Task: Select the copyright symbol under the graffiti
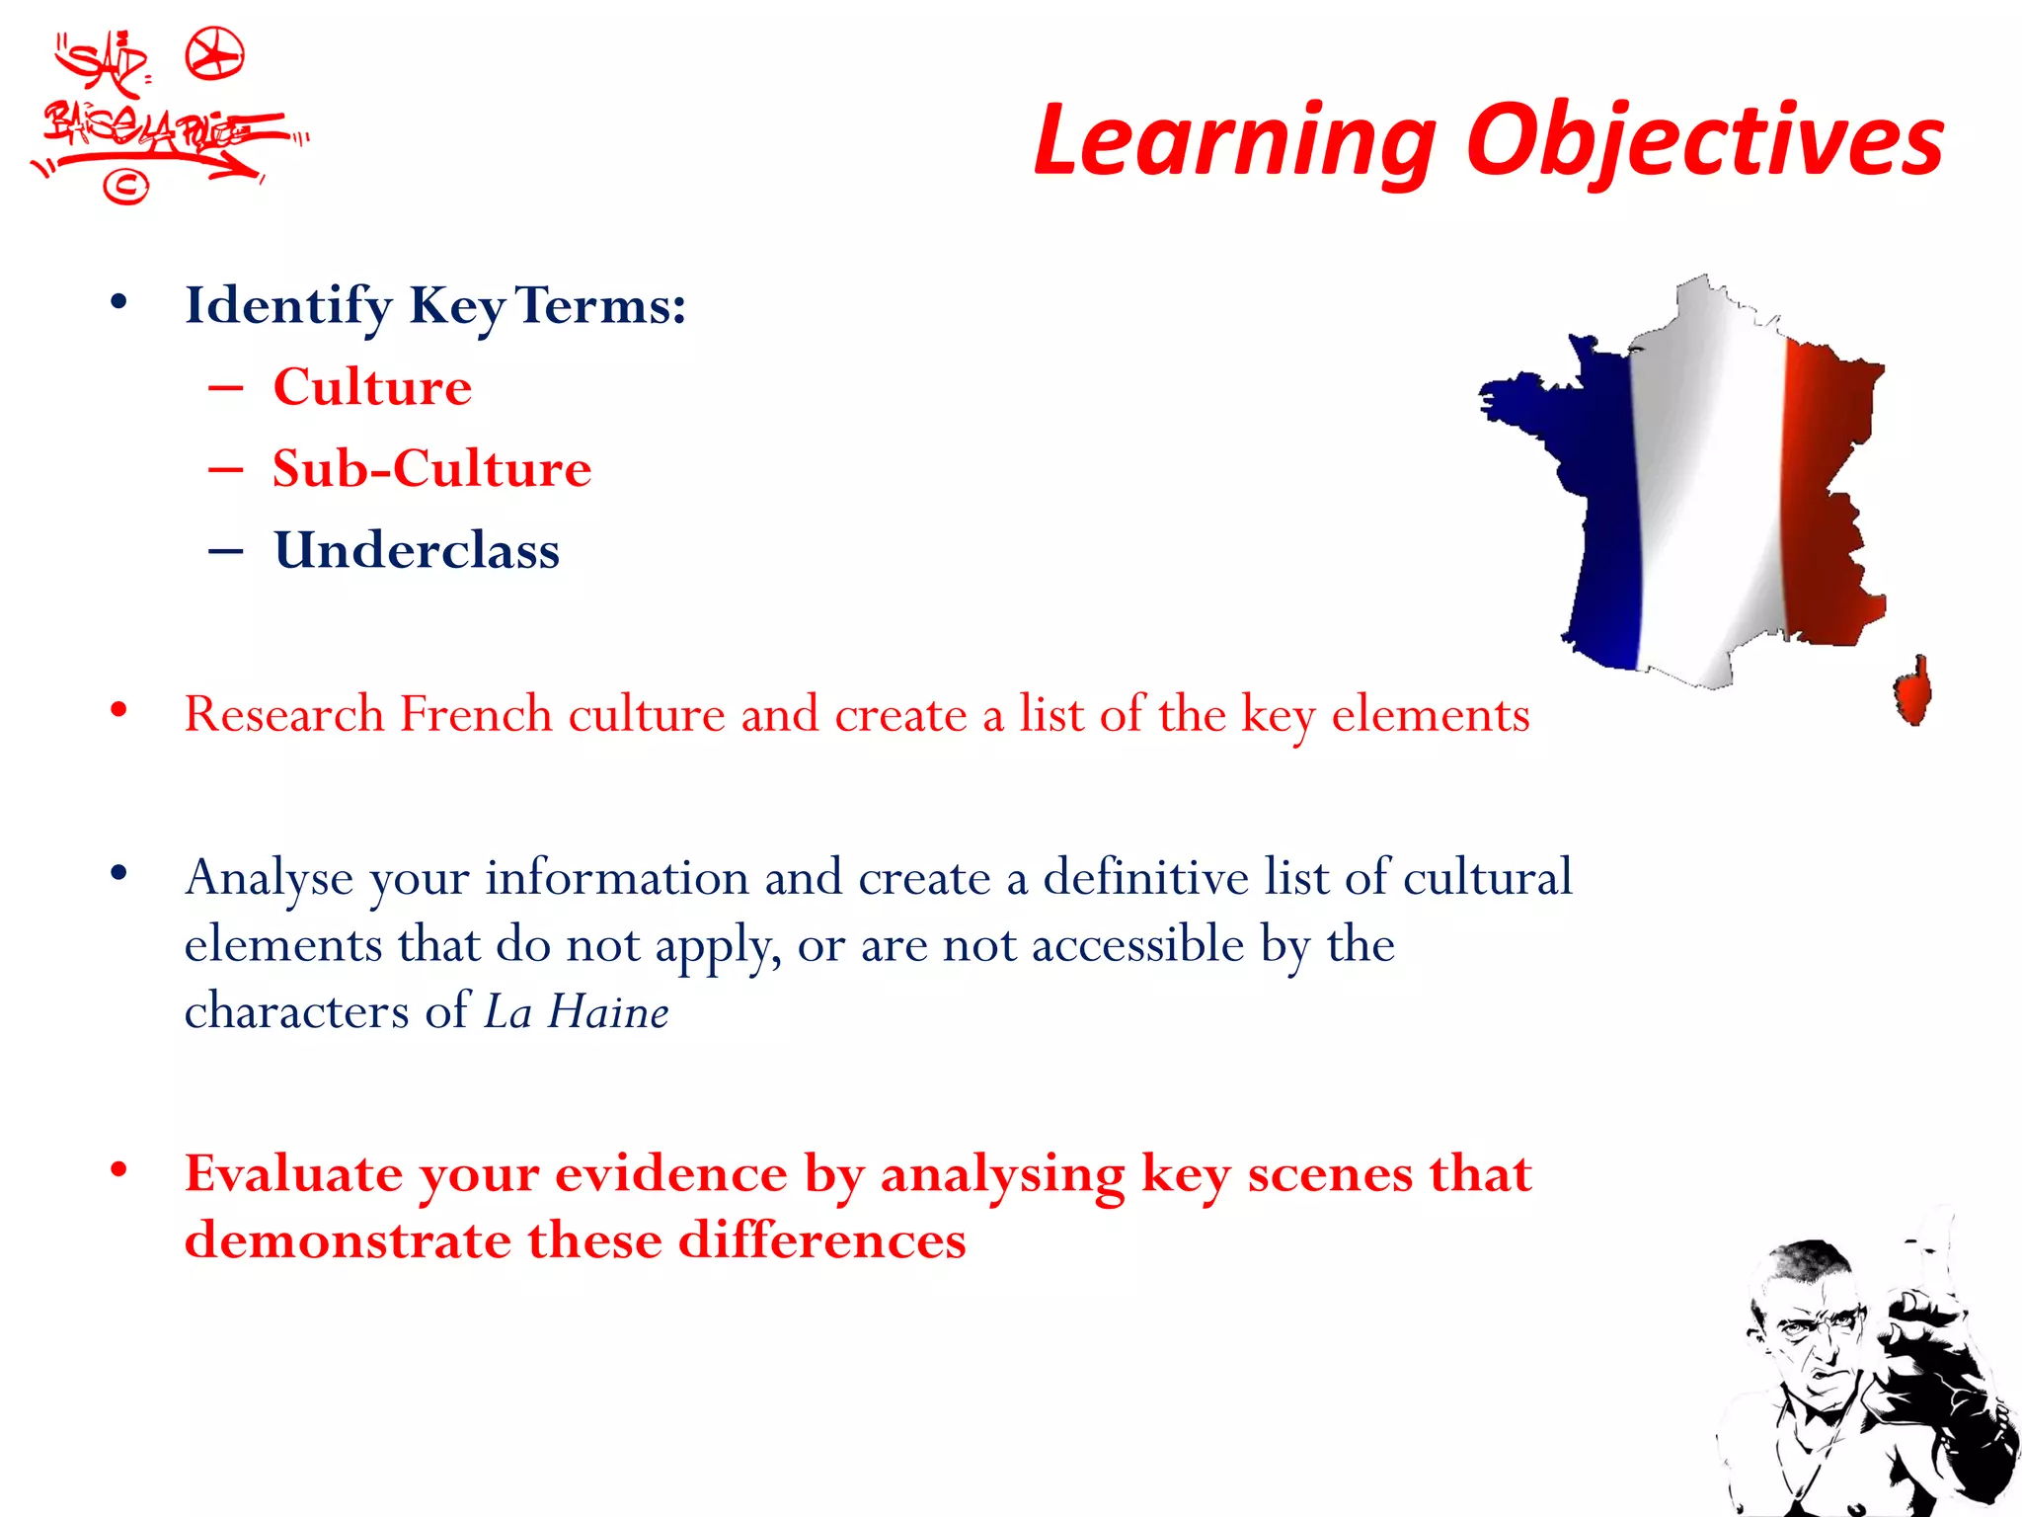pos(125,186)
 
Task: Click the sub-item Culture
pos(372,386)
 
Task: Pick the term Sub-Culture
pos(431,468)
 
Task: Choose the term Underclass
pos(417,550)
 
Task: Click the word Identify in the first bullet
pos(288,306)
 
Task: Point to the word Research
pos(284,714)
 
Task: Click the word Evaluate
pos(294,1175)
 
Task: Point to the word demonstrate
pos(348,1241)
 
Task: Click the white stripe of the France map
pos(1708,494)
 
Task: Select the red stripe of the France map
pos(1827,494)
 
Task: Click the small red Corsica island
pos(1913,690)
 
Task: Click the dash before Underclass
pos(226,551)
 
